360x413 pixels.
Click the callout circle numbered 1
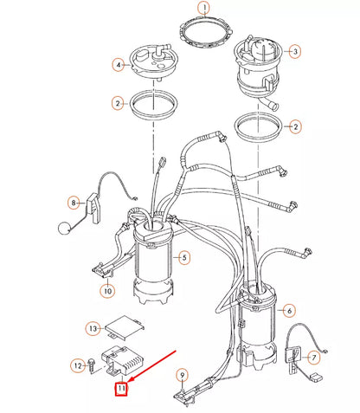point(203,9)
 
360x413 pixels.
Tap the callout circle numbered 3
point(294,52)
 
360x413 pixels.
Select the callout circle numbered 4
point(117,64)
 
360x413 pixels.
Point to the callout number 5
point(183,257)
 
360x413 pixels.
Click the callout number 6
point(289,310)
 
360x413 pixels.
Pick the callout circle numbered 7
point(313,357)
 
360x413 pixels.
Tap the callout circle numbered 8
point(74,203)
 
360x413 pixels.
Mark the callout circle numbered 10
point(107,290)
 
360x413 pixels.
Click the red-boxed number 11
point(122,390)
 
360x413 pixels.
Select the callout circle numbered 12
point(76,366)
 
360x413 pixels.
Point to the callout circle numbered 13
point(93,328)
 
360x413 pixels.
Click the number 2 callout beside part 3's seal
point(296,126)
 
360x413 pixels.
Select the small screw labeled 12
point(91,366)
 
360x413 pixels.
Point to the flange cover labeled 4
point(155,60)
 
